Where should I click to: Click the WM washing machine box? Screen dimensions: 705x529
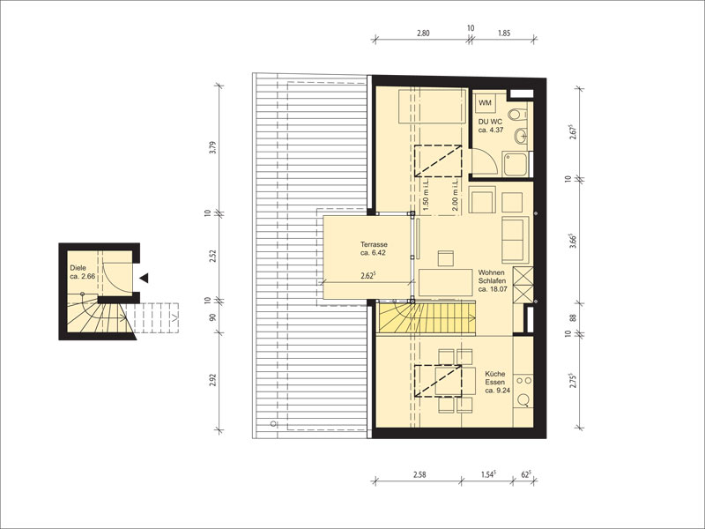486,103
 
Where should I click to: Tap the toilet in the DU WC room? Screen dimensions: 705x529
519,114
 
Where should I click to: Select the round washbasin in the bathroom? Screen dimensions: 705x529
522,136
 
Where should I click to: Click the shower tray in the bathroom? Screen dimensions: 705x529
516,165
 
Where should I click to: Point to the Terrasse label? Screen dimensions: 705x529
373,249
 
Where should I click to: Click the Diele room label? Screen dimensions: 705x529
82,272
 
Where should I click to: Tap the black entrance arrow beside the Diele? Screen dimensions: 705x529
144,278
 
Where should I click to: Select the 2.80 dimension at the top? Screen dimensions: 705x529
423,33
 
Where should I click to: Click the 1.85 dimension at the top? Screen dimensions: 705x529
504,33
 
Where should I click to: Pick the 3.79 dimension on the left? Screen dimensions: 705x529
213,148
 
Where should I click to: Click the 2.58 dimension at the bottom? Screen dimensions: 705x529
419,474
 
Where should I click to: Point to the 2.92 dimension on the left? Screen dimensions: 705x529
213,381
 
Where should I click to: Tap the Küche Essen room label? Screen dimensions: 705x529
497,382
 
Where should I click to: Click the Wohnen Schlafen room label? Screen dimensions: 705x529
493,280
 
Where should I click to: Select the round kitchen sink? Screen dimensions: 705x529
523,400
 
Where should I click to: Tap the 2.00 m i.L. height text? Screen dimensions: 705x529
454,194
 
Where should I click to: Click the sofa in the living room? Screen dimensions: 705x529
515,239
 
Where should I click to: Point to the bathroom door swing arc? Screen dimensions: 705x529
489,159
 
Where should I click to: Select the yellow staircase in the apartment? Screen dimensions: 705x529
427,318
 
